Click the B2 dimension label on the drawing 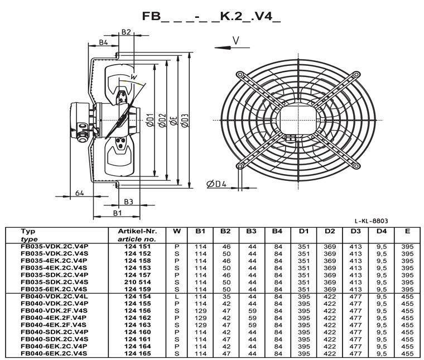coord(126,32)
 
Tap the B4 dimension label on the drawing coord(103,42)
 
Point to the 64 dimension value coord(79,193)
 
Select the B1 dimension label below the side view coord(117,213)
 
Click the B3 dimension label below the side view coord(129,202)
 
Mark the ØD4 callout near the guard coord(216,184)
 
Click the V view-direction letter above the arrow coord(236,41)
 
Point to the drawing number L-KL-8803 coord(371,221)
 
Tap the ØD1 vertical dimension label coord(150,120)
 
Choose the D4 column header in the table coord(381,231)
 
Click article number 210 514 coord(137,282)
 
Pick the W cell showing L coord(177,297)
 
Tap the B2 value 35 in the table coord(227,297)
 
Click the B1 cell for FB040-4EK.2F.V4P coord(200,318)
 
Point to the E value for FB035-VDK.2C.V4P coord(407,247)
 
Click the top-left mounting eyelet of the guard coord(239,74)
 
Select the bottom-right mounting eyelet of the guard coord(356,166)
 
